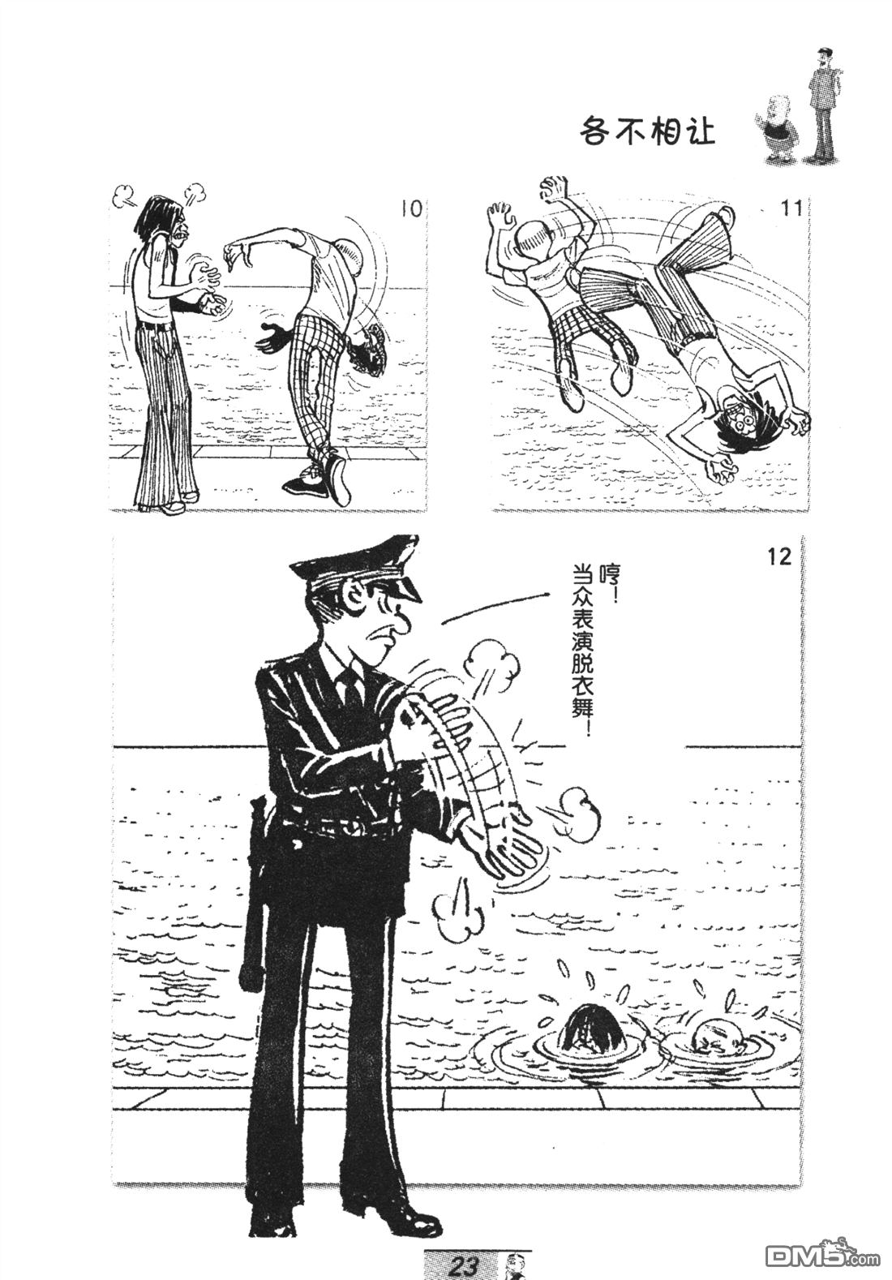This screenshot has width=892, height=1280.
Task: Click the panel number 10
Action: click(x=411, y=210)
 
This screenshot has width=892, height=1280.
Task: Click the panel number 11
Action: click(x=791, y=208)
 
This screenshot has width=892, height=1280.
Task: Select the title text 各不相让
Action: click(x=647, y=133)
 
